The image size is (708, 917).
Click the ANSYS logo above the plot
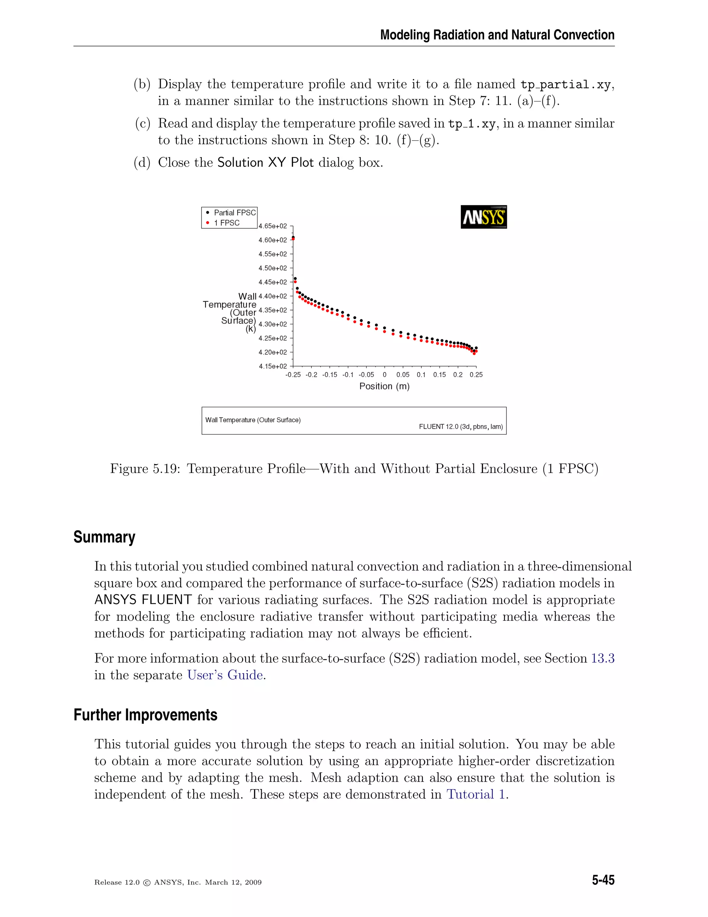(x=483, y=217)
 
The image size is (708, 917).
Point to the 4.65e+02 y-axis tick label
(x=273, y=226)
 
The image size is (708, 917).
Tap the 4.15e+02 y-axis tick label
(x=273, y=366)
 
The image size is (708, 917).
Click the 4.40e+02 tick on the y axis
(x=273, y=296)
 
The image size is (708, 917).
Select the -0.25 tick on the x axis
(x=293, y=374)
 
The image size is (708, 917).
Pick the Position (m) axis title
(x=384, y=386)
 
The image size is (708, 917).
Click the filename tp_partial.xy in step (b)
(x=565, y=84)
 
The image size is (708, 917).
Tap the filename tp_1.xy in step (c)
(x=472, y=124)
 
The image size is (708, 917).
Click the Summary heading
(x=104, y=537)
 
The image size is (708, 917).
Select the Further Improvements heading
(x=145, y=715)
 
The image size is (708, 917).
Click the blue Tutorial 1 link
(x=476, y=795)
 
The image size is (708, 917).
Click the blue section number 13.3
(x=602, y=659)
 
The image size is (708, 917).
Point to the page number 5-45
(x=603, y=880)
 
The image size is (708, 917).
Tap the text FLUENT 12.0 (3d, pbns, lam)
(x=460, y=427)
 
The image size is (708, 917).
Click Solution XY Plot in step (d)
(x=265, y=163)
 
